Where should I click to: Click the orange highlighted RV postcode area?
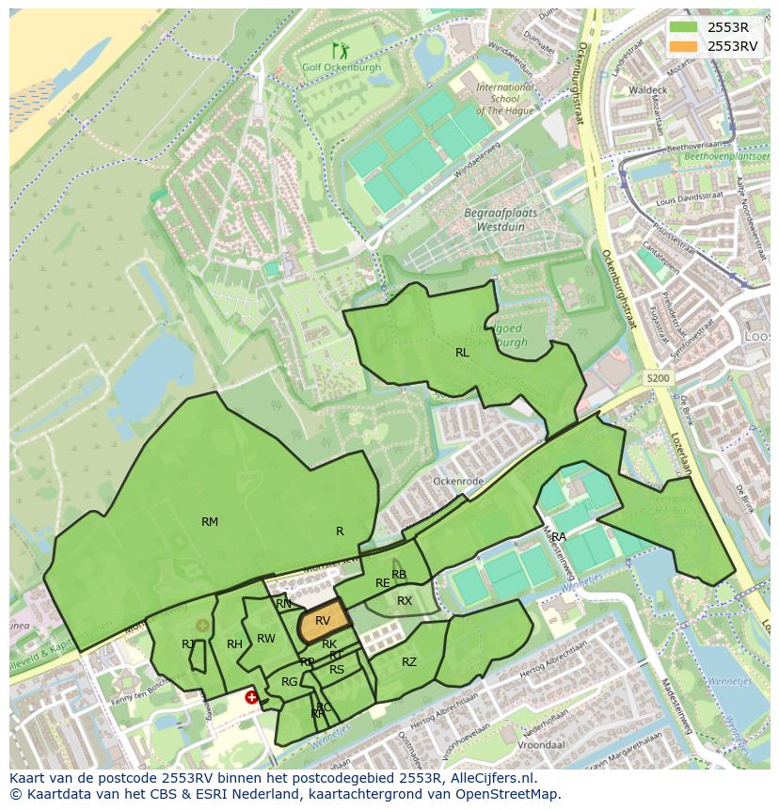click(323, 623)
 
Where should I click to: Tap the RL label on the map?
click(462, 353)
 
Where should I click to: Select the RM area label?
click(210, 521)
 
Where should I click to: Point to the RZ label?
click(409, 662)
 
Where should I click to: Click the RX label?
click(405, 600)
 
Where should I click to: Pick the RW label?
click(266, 639)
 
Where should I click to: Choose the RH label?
click(234, 644)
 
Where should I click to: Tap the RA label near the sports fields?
click(559, 537)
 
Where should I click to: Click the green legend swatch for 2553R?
click(685, 27)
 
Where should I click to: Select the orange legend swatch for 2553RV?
click(685, 46)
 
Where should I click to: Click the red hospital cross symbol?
click(251, 697)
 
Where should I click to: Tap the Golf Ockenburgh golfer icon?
click(340, 51)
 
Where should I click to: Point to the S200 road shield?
click(659, 377)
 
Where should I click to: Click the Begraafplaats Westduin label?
click(501, 219)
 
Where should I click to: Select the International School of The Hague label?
click(498, 98)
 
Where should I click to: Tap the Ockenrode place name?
click(458, 481)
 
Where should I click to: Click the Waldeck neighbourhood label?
click(648, 89)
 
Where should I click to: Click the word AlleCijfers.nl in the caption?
click(498, 778)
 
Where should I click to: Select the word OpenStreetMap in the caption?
click(512, 794)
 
